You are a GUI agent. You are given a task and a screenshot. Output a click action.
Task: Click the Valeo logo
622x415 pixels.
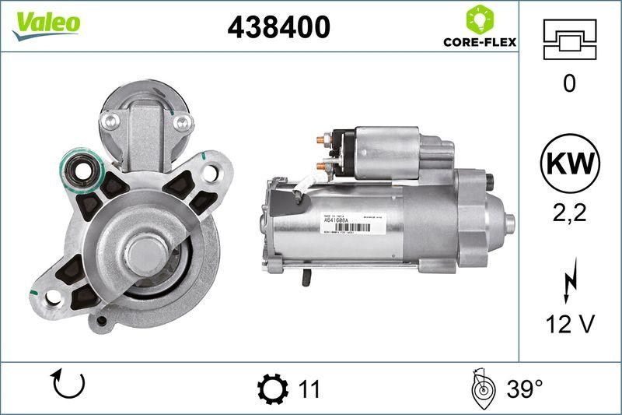coord(46,23)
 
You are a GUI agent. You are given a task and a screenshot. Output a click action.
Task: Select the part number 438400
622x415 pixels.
coord(278,27)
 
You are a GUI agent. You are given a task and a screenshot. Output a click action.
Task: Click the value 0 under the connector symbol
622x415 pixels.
coord(569,83)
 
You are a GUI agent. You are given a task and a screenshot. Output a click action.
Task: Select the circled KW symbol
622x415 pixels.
coord(570,164)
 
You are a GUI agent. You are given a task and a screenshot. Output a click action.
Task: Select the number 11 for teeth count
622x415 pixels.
coord(309,388)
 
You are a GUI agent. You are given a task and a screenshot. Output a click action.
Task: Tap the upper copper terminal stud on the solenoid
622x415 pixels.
coord(321,140)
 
